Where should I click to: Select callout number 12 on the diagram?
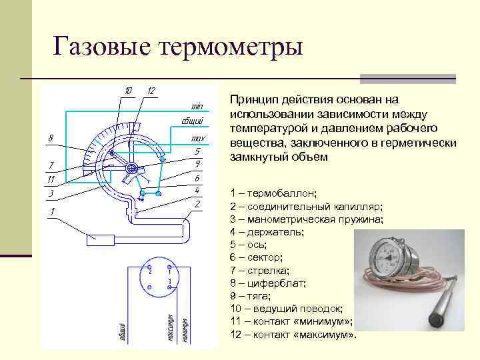click(x=151, y=91)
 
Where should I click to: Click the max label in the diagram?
click(x=197, y=139)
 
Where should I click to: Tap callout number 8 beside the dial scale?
click(x=51, y=138)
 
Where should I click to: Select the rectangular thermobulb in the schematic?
click(x=100, y=237)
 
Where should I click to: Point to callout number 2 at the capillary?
click(x=198, y=203)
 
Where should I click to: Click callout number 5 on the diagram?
click(x=198, y=151)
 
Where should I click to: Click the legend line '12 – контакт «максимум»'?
click(x=293, y=333)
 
